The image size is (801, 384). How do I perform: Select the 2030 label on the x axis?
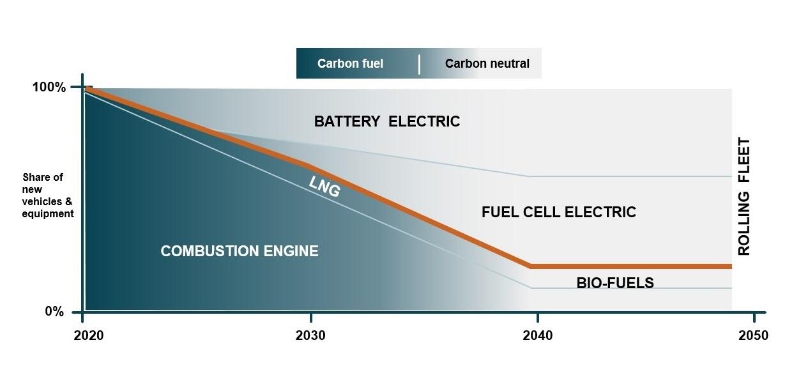(310, 335)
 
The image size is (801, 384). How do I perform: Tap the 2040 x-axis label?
(537, 335)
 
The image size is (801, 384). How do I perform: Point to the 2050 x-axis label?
(753, 335)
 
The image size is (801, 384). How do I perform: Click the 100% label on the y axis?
(49, 88)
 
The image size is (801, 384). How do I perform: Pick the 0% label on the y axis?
(54, 312)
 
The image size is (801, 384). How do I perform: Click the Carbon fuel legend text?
(350, 63)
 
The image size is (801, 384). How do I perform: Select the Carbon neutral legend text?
(487, 63)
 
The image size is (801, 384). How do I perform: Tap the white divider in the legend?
(419, 64)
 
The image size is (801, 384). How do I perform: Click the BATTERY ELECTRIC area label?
(386, 121)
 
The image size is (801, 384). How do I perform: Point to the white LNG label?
(324, 186)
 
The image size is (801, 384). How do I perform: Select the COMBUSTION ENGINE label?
(239, 251)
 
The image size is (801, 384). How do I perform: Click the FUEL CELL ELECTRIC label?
(558, 212)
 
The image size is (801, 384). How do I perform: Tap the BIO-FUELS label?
(614, 283)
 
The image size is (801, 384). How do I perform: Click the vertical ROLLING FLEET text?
(744, 197)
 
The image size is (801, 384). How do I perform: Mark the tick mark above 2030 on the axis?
(310, 318)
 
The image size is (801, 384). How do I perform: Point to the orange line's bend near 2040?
(530, 266)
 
